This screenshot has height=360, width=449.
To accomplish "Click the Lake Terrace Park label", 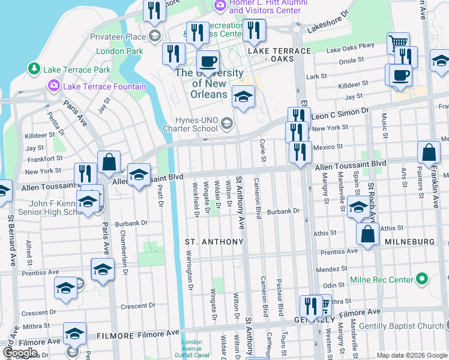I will point(76,70).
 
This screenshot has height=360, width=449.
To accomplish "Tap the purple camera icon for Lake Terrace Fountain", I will point(53,86).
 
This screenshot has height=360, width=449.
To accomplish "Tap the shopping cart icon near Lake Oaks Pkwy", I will point(398,44).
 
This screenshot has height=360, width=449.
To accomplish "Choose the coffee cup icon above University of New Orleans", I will point(208,62).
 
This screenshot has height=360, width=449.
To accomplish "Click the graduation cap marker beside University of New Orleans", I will point(243,97).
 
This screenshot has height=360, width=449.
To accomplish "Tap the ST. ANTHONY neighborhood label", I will point(214,242).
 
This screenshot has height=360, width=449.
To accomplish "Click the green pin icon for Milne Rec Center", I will point(422,279).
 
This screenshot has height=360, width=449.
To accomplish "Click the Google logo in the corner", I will point(20,353).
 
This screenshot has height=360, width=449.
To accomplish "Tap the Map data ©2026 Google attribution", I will point(411,355).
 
